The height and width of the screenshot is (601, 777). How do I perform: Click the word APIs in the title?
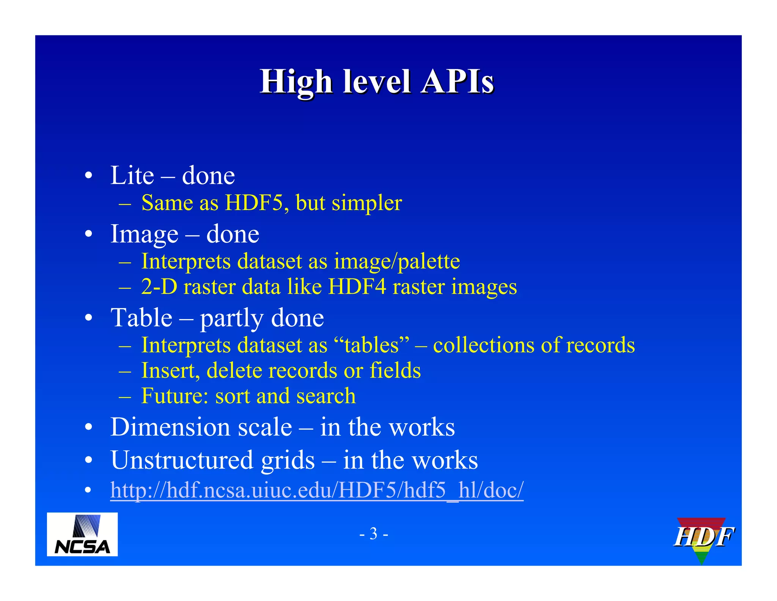(x=457, y=82)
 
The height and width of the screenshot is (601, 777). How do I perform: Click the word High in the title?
(x=296, y=82)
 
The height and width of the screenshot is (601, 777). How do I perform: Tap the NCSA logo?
(x=82, y=534)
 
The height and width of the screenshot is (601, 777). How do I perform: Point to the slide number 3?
(x=374, y=534)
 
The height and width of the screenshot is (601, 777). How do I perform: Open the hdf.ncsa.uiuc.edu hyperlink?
(x=317, y=490)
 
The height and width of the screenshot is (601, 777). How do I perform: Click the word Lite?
(x=132, y=176)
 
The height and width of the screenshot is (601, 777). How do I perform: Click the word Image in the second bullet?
(x=144, y=234)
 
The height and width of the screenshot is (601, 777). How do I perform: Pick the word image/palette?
(x=397, y=261)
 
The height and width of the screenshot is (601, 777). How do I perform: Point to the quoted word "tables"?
(x=372, y=345)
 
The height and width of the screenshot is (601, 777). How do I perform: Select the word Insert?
(x=170, y=370)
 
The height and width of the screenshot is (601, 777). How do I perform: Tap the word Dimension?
(x=170, y=427)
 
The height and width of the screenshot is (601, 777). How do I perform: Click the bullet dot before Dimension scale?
(x=88, y=427)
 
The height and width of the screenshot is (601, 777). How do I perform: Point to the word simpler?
(x=367, y=203)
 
